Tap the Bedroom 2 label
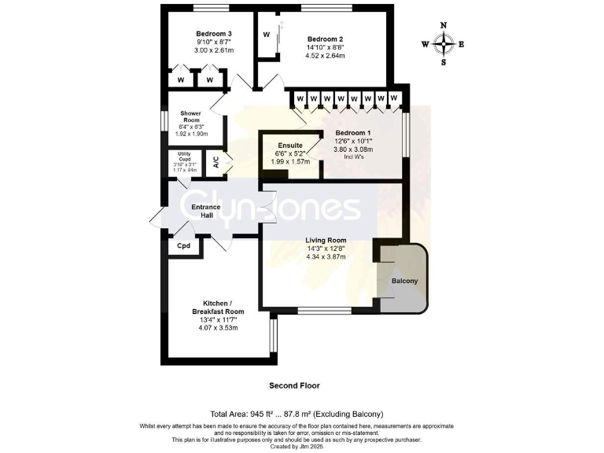click(x=325, y=39)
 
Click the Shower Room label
click(x=190, y=117)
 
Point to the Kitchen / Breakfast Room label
click(x=215, y=308)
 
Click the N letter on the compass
click(x=444, y=26)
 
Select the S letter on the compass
click(x=444, y=62)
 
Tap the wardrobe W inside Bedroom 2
click(x=267, y=35)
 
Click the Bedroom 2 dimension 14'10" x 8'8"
click(x=325, y=48)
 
